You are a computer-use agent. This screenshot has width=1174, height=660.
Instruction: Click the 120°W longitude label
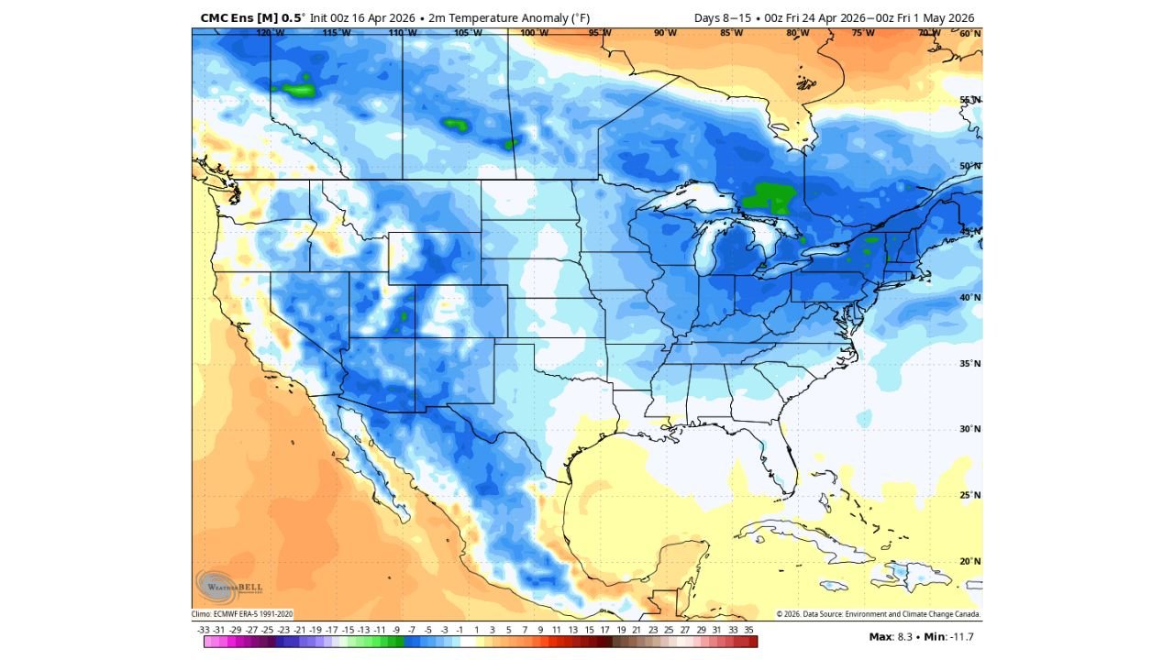click(x=270, y=33)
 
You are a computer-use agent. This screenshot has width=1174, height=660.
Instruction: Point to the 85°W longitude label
click(x=731, y=33)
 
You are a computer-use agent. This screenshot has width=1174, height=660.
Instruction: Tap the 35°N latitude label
click(x=970, y=364)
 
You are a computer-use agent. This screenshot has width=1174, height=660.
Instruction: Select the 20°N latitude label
click(x=970, y=561)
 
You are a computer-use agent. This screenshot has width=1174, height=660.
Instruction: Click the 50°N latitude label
click(x=970, y=166)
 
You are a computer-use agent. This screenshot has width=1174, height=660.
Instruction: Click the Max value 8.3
click(x=894, y=636)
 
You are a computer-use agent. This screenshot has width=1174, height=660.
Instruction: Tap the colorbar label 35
click(x=748, y=630)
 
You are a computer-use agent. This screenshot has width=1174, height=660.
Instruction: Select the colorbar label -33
click(x=204, y=630)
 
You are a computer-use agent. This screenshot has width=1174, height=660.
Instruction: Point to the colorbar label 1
click(x=476, y=630)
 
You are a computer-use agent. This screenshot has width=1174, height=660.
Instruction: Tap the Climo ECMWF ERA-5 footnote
click(x=242, y=614)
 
